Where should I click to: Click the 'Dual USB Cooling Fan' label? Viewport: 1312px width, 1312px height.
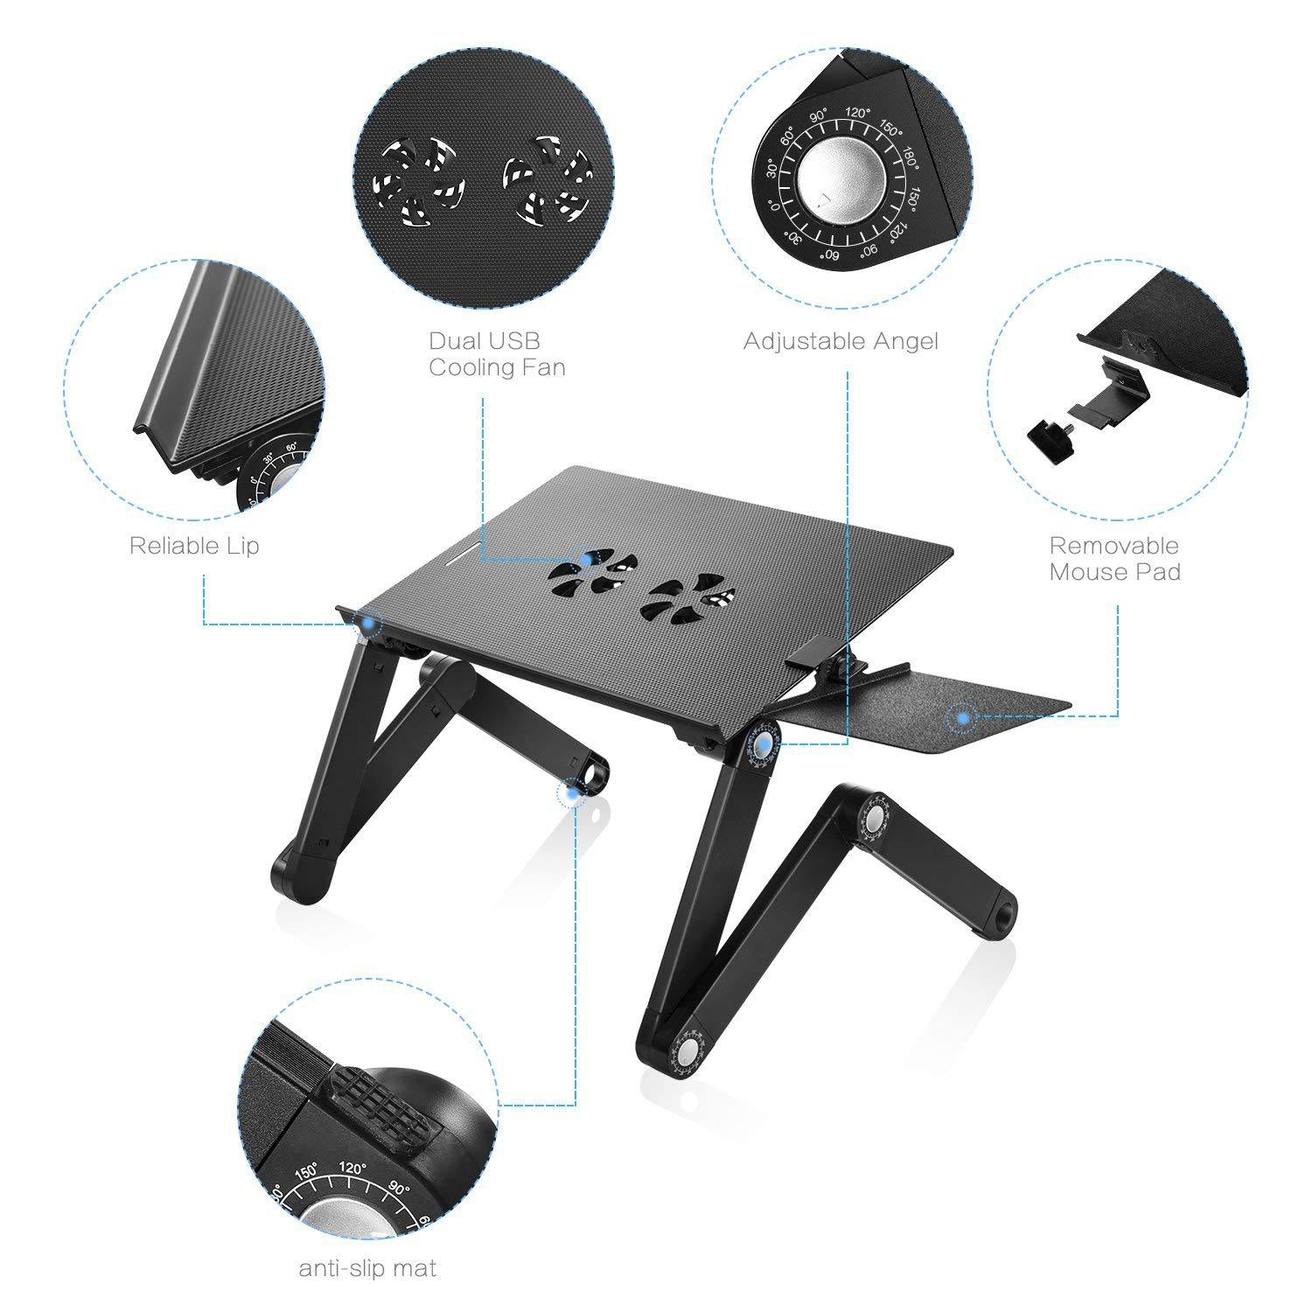[496, 353]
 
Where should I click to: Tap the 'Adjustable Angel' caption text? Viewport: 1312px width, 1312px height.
[840, 341]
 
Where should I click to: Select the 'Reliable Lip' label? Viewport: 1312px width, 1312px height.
[194, 546]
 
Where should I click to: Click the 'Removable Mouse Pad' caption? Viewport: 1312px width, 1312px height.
[1114, 559]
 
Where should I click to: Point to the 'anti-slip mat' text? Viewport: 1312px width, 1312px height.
[367, 1267]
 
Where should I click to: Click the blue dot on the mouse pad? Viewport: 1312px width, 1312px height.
[963, 717]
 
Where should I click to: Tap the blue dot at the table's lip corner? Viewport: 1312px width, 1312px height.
[371, 622]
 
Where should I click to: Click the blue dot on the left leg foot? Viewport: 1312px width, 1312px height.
[573, 792]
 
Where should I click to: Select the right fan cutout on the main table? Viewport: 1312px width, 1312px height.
[686, 598]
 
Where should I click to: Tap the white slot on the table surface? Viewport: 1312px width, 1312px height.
[457, 554]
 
